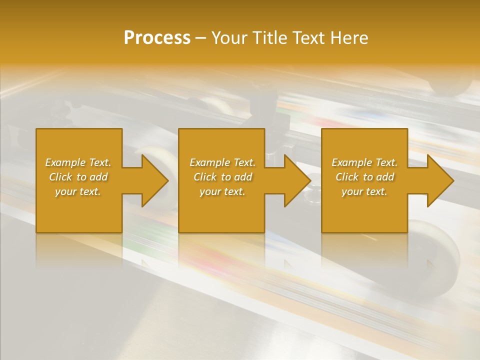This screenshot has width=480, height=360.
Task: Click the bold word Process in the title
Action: (x=157, y=38)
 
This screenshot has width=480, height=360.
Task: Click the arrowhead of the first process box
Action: (x=153, y=180)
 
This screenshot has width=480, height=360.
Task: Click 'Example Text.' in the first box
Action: (x=78, y=162)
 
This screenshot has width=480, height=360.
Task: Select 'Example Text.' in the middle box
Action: (x=222, y=162)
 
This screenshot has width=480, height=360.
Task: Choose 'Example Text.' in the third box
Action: (x=364, y=162)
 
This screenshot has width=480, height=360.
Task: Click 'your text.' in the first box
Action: (x=78, y=191)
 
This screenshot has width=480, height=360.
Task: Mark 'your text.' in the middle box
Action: (x=222, y=191)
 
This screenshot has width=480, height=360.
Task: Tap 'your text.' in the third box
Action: (x=364, y=191)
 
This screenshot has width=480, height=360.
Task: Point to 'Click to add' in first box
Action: (x=78, y=177)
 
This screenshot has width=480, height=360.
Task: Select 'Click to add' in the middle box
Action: (x=222, y=177)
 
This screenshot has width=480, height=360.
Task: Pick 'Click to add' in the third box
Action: (x=364, y=177)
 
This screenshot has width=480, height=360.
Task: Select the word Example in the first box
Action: (x=65, y=162)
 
